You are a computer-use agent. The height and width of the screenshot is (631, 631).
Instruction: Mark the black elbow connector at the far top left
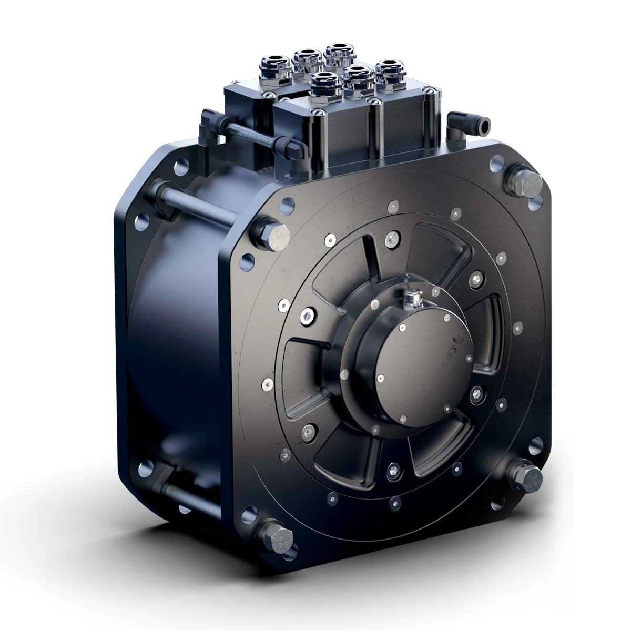tap(208, 118)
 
